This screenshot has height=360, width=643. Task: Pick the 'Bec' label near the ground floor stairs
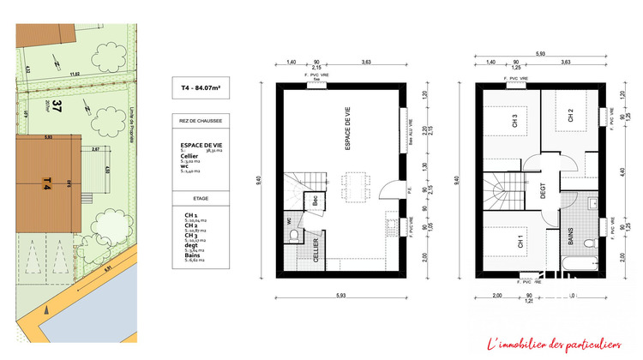(315, 200)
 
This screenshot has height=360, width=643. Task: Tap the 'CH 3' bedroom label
(514, 123)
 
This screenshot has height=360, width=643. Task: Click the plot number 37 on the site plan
(57, 107)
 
